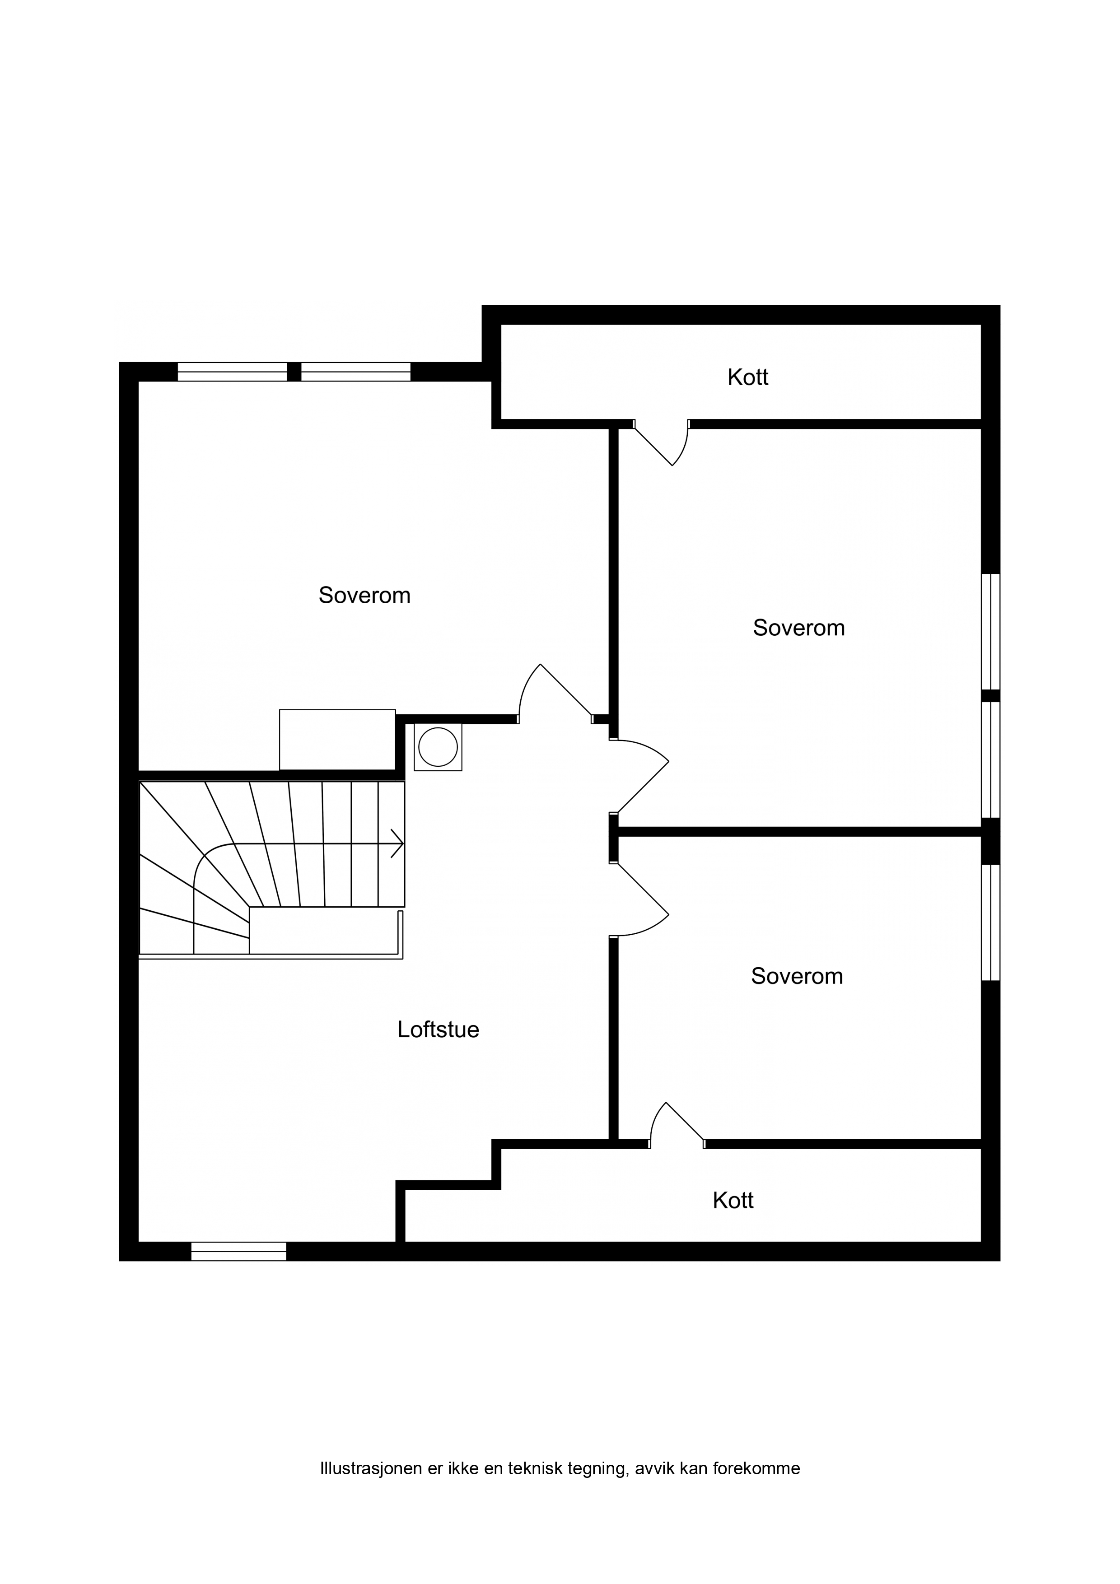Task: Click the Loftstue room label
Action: (438, 1030)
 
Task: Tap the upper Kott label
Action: (747, 377)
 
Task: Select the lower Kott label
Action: (733, 1201)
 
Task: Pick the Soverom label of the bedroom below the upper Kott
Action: (798, 627)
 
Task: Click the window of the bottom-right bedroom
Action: (991, 922)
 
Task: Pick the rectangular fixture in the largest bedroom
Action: (337, 740)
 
